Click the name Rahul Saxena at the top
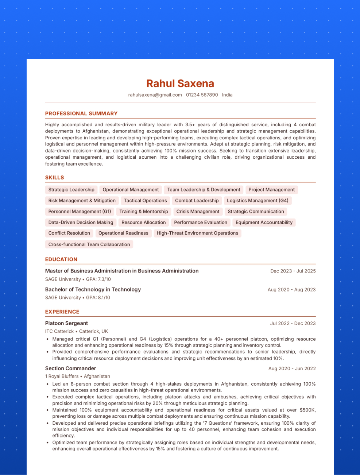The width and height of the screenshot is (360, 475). [x=180, y=84]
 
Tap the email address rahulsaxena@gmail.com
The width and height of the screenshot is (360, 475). [x=155, y=95]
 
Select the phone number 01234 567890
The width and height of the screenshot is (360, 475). [x=202, y=95]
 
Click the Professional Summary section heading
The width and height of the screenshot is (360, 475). [x=81, y=113]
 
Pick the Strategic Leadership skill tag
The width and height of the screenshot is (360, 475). [x=71, y=190]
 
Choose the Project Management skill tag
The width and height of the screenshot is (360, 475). [x=271, y=190]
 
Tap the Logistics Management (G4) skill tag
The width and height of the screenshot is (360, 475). [x=258, y=201]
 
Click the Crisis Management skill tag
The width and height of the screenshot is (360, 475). [x=198, y=212]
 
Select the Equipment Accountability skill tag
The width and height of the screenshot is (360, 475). [x=264, y=223]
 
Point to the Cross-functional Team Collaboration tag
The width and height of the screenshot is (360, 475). [x=89, y=244]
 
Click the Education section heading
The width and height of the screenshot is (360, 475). [x=61, y=259]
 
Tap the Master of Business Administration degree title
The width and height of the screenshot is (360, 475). [x=122, y=271]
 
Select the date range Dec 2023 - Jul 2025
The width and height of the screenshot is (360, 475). [x=293, y=271]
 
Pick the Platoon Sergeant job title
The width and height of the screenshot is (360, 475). [x=66, y=323]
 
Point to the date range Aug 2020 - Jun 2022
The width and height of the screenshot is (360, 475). [x=292, y=368]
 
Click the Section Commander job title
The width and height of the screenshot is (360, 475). [x=70, y=368]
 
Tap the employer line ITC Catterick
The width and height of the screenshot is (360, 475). [x=59, y=331]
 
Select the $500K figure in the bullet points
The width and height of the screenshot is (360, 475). [x=307, y=410]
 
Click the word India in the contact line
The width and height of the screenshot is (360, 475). [x=227, y=95]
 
